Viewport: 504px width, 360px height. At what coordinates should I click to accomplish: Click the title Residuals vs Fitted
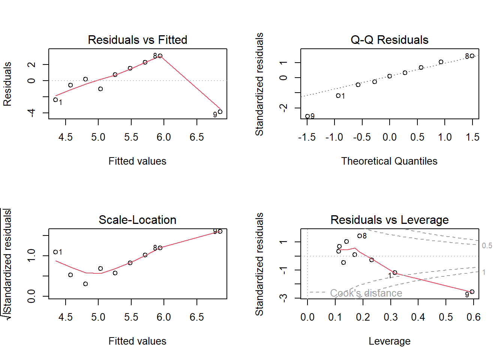click(137, 40)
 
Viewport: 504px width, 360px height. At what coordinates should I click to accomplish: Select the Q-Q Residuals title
click(389, 40)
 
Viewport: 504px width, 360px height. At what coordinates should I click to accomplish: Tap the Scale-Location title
click(137, 220)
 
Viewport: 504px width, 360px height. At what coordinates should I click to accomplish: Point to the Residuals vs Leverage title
click(389, 220)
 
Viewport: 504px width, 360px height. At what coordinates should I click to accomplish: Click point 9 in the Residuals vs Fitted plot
click(220, 112)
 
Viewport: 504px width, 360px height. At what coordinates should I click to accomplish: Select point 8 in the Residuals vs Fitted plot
click(160, 56)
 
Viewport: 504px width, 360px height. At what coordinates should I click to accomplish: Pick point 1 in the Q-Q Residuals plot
click(338, 96)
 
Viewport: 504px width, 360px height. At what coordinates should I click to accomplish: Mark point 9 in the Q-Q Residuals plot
click(307, 116)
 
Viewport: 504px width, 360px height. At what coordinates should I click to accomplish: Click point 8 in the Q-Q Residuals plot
click(472, 56)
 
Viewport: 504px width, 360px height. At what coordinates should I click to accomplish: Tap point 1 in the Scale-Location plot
click(55, 252)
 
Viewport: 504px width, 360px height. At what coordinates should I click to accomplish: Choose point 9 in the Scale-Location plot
click(220, 231)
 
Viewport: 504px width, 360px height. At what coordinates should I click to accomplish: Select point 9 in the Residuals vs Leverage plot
click(472, 292)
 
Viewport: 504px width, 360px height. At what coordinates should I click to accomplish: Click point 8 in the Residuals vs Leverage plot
click(360, 236)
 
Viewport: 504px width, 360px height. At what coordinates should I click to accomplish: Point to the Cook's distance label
click(366, 293)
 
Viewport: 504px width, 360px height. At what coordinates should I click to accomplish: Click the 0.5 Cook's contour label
click(487, 246)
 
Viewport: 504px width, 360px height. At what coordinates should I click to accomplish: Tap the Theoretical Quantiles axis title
click(389, 161)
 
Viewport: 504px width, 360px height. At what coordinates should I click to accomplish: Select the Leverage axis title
click(389, 341)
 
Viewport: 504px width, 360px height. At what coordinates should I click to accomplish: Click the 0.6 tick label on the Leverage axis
click(473, 317)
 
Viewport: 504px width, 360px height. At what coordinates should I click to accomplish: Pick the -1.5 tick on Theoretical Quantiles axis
click(307, 137)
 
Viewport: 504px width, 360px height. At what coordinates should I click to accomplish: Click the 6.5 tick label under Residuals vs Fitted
click(196, 137)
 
